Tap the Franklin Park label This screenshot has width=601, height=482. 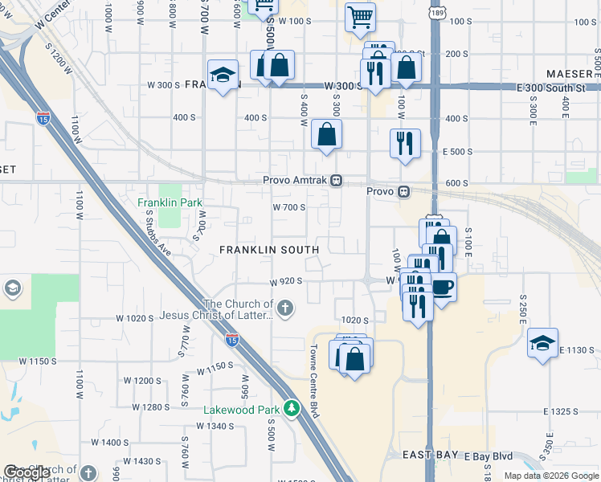169,202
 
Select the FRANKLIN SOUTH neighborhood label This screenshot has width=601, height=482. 269,250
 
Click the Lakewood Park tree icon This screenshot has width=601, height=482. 295,409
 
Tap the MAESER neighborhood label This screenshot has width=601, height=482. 569,73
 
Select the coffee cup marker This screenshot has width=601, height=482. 442,287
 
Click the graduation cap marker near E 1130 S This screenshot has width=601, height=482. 542,343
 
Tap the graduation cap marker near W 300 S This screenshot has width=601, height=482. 223,75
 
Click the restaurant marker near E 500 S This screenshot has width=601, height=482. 404,143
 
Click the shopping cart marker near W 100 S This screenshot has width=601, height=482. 360,16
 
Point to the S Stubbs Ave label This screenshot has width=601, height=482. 160,234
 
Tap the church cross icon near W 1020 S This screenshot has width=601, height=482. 284,308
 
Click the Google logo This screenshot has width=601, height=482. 27,473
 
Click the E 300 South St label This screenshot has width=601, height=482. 554,87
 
